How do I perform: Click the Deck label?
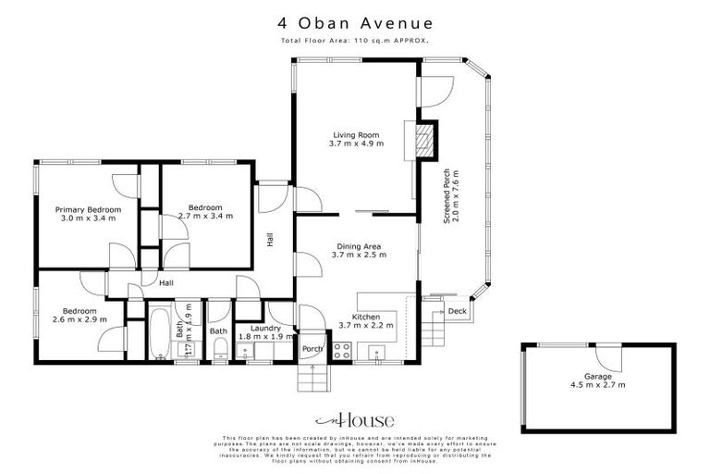point(457,312)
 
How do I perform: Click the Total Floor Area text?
point(355,42)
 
